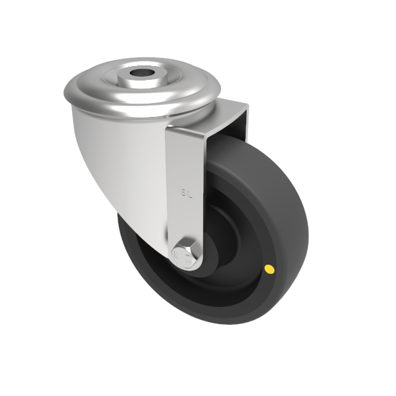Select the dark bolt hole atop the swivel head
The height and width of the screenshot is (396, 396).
141,73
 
